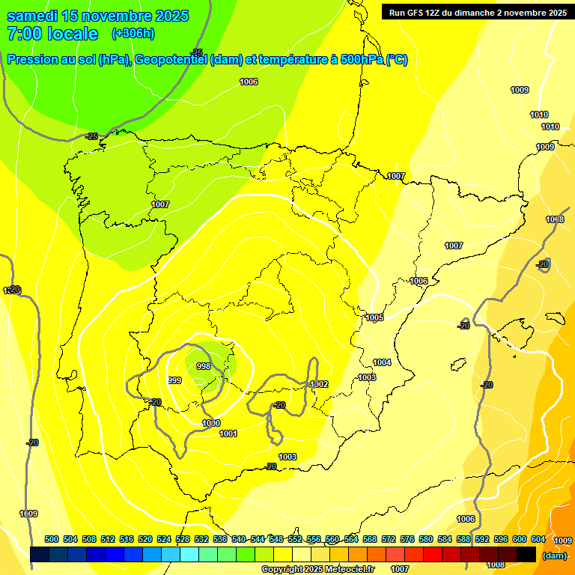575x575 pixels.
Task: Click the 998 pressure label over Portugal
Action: (203, 366)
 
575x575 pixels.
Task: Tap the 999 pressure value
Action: (174, 380)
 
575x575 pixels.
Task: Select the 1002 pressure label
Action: (320, 384)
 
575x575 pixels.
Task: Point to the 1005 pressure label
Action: (375, 318)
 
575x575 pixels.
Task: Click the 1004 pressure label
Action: (382, 362)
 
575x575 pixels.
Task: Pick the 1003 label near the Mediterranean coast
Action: (367, 377)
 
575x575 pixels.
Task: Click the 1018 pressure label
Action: (555, 219)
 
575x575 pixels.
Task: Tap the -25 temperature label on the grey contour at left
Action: (91, 136)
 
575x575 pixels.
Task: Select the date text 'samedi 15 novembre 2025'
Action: (97, 16)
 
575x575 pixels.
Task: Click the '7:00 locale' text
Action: (52, 34)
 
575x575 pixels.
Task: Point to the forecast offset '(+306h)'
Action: (133, 34)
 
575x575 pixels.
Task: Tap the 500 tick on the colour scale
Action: (52, 539)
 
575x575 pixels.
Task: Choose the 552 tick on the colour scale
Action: (295, 539)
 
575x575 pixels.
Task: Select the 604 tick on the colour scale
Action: (538, 539)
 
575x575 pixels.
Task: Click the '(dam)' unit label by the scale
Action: (554, 555)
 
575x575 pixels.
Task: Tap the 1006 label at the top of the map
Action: (249, 82)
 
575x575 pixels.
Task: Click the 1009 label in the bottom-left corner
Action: (28, 514)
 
